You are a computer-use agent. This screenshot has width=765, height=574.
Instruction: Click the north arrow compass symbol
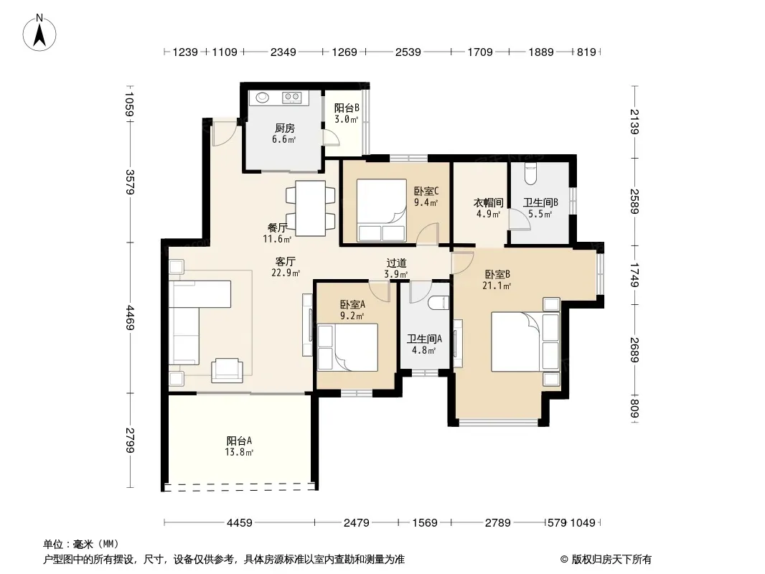pos(39,33)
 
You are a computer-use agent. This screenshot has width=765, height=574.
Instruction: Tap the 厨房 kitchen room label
pos(284,128)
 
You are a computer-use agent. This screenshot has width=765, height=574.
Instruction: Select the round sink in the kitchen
pos(263,98)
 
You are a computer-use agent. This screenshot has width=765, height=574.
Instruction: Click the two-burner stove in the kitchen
pos(292,98)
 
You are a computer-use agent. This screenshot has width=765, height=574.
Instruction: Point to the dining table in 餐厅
pos(310,208)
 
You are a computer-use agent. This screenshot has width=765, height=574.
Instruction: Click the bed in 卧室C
pos(382,210)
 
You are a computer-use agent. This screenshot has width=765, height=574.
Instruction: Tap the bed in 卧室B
pos(525,342)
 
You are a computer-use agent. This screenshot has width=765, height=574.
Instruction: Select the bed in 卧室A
pos(347,347)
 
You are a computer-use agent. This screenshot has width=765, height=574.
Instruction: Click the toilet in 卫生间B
pos(530,174)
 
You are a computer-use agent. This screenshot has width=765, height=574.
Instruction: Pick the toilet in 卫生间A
pos(441,303)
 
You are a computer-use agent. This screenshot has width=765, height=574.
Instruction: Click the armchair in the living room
pos(227,370)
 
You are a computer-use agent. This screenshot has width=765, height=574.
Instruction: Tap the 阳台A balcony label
pos(239,441)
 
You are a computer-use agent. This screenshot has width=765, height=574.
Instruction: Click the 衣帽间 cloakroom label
pos(489,202)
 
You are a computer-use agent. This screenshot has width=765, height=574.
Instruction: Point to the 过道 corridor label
pos(396,263)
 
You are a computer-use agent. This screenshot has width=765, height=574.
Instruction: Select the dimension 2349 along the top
pos(283,52)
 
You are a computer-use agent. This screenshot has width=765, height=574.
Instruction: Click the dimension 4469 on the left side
pos(130,317)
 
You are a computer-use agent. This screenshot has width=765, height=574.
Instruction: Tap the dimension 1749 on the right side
pos(634,275)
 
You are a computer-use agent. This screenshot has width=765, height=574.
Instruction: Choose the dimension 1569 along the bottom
pos(424,523)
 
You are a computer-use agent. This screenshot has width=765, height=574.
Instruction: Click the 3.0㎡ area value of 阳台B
pos(347,119)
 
